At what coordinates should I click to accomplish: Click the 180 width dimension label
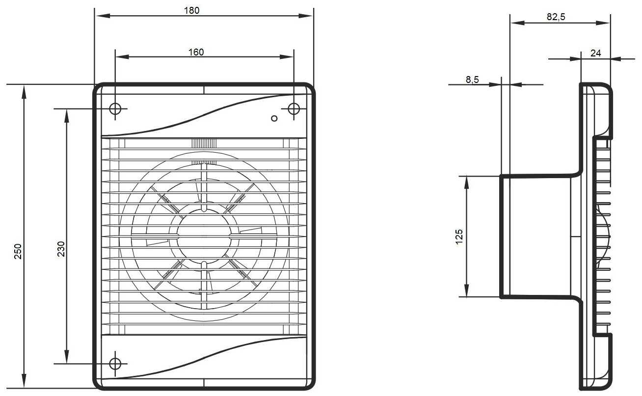point(191,11)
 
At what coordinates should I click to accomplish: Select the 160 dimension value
point(196,52)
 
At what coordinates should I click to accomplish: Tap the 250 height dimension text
point(18,251)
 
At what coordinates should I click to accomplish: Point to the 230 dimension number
point(61,249)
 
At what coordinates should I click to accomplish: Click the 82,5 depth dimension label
point(556,17)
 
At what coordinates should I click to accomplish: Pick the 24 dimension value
point(595,53)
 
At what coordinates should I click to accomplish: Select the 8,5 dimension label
point(472,79)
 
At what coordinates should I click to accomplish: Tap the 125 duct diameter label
point(459,237)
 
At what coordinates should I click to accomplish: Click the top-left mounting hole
point(115,109)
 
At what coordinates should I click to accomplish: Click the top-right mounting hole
point(294,109)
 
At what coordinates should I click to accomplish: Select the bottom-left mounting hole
point(115,364)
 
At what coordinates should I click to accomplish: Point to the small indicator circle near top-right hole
point(274,118)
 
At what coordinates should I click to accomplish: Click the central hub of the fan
point(204,237)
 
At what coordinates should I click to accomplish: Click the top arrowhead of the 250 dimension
point(24,92)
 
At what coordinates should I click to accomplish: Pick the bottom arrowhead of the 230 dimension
point(66,356)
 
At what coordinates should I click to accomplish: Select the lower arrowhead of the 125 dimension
point(467,290)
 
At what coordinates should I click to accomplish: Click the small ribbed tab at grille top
point(204,143)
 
